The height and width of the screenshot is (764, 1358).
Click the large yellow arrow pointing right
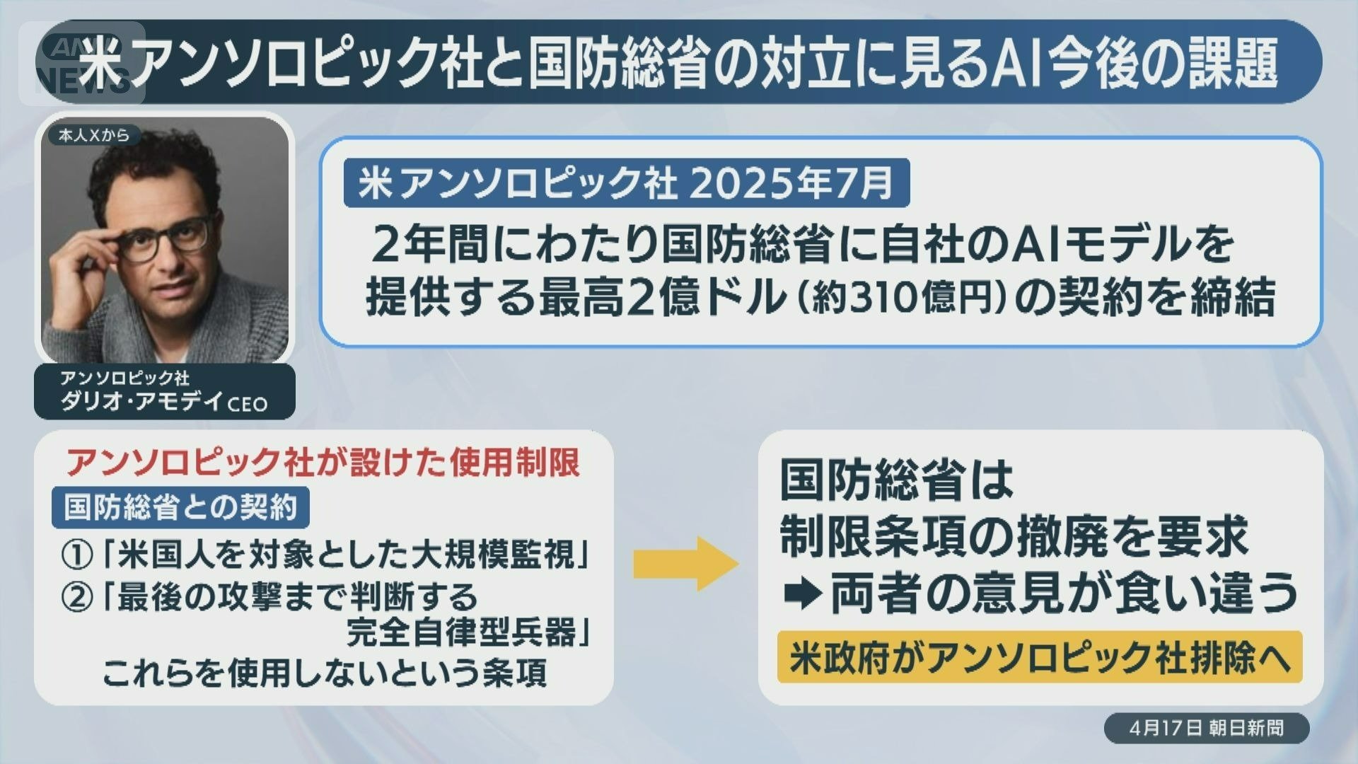click(685, 564)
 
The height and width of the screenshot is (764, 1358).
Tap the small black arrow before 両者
click(802, 595)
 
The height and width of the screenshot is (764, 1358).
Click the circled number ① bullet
click(78, 555)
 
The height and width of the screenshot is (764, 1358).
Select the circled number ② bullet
click(78, 598)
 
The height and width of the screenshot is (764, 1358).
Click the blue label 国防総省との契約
click(180, 507)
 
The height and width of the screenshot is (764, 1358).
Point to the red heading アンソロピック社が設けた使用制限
click(323, 463)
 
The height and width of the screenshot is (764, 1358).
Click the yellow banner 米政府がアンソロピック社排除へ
click(1040, 657)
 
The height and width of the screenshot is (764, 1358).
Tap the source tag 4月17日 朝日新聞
click(1207, 728)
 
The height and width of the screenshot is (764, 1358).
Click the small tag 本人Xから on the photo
click(94, 135)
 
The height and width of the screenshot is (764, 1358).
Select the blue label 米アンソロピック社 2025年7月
click(627, 183)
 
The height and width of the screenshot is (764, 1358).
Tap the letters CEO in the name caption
click(248, 404)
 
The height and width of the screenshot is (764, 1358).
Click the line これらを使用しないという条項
click(325, 673)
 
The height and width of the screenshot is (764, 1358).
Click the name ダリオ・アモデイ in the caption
click(141, 402)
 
